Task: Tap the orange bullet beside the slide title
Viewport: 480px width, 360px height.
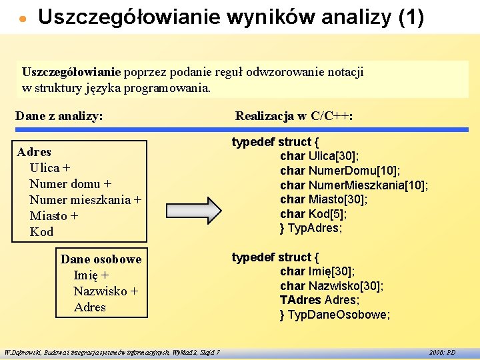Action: click(x=23, y=19)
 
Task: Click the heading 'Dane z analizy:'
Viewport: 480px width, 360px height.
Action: click(x=59, y=116)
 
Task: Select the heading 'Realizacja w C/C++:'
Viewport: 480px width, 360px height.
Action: click(x=294, y=116)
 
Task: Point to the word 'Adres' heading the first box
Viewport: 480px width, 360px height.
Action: click(x=34, y=152)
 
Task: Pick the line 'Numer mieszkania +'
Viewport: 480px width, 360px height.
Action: click(x=85, y=200)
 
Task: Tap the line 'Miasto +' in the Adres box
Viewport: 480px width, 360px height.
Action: click(x=54, y=216)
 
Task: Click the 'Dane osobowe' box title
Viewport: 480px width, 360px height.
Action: click(x=101, y=259)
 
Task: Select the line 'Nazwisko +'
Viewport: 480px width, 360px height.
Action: click(x=105, y=291)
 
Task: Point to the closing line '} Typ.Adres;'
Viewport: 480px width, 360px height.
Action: click(x=311, y=228)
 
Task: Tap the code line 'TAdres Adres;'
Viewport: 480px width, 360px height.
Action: click(x=319, y=300)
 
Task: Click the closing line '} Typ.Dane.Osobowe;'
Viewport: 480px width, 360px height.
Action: click(x=335, y=315)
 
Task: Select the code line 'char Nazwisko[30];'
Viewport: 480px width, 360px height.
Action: click(x=331, y=286)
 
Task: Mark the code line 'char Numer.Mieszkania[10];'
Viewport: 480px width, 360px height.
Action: click(x=354, y=185)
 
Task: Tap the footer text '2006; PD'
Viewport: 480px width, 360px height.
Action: click(x=442, y=351)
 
